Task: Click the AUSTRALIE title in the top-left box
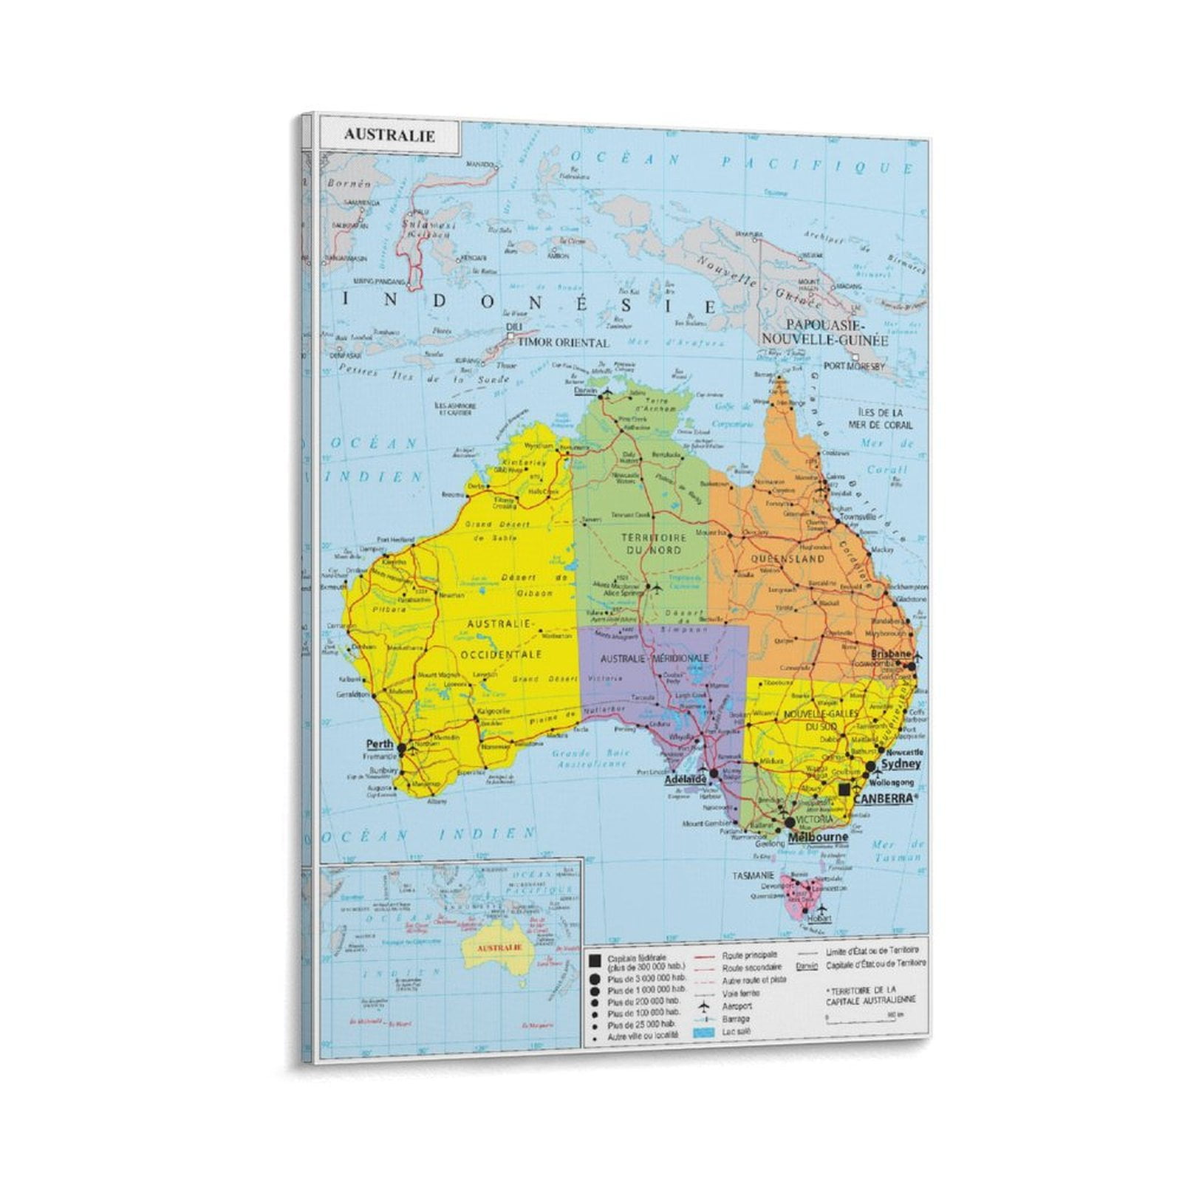389,136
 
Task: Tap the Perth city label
380,745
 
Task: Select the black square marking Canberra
844,789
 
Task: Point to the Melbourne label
818,837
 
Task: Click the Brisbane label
892,655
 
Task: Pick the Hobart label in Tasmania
820,918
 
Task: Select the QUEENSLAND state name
787,559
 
